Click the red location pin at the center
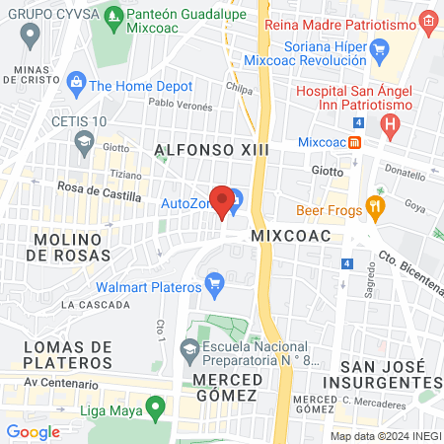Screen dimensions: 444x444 pos(222,200)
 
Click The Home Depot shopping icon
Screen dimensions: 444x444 pos(75,86)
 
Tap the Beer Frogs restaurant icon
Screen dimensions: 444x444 pos(375,207)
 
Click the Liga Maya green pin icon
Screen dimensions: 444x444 pos(154,407)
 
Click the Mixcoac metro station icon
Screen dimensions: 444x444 pos(354,141)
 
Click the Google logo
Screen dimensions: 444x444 pos(34,431)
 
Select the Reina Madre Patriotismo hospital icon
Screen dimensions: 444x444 pos(426,20)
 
